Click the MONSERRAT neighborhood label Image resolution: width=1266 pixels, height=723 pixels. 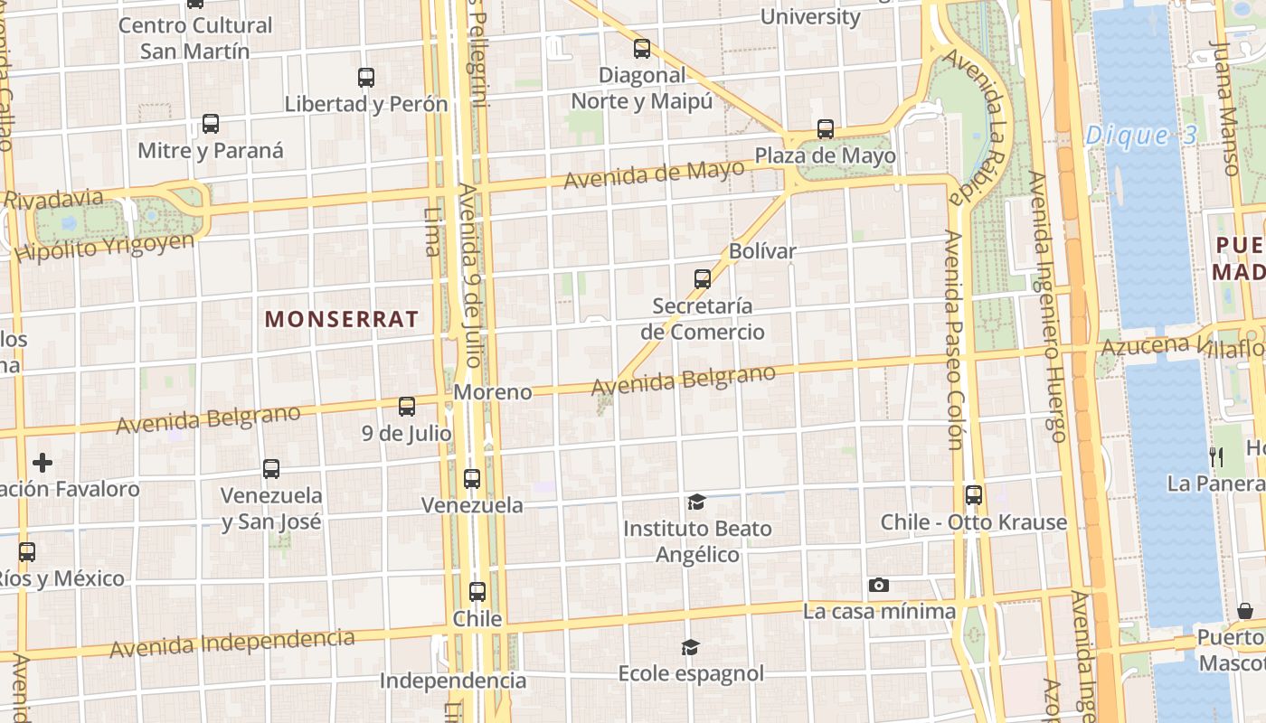(342, 319)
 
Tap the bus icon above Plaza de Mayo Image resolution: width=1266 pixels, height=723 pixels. (826, 129)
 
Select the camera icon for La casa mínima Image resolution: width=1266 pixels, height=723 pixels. (878, 586)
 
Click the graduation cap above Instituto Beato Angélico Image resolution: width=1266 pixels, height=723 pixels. (696, 502)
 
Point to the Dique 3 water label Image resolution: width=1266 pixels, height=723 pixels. (1141, 136)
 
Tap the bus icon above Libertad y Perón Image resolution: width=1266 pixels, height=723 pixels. (366, 78)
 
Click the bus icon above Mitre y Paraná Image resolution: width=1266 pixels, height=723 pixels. (211, 124)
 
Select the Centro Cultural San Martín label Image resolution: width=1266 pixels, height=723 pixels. (195, 38)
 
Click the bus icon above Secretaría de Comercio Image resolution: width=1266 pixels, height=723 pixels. (703, 279)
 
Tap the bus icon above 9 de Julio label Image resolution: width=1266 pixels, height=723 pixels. (407, 407)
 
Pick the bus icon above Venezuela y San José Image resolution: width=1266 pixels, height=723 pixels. (271, 469)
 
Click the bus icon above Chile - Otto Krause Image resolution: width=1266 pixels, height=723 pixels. (974, 495)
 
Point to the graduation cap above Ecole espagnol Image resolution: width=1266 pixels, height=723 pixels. (691, 647)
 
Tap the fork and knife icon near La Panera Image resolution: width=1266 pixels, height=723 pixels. (1216, 456)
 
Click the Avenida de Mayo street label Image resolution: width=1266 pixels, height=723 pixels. (654, 174)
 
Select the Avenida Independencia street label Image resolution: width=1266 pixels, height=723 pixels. (232, 643)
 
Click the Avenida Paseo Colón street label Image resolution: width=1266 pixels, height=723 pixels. (953, 339)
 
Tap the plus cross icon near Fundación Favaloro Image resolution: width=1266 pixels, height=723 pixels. (43, 464)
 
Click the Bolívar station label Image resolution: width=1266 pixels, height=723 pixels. (762, 251)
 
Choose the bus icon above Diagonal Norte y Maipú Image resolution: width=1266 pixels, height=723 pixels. (642, 49)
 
